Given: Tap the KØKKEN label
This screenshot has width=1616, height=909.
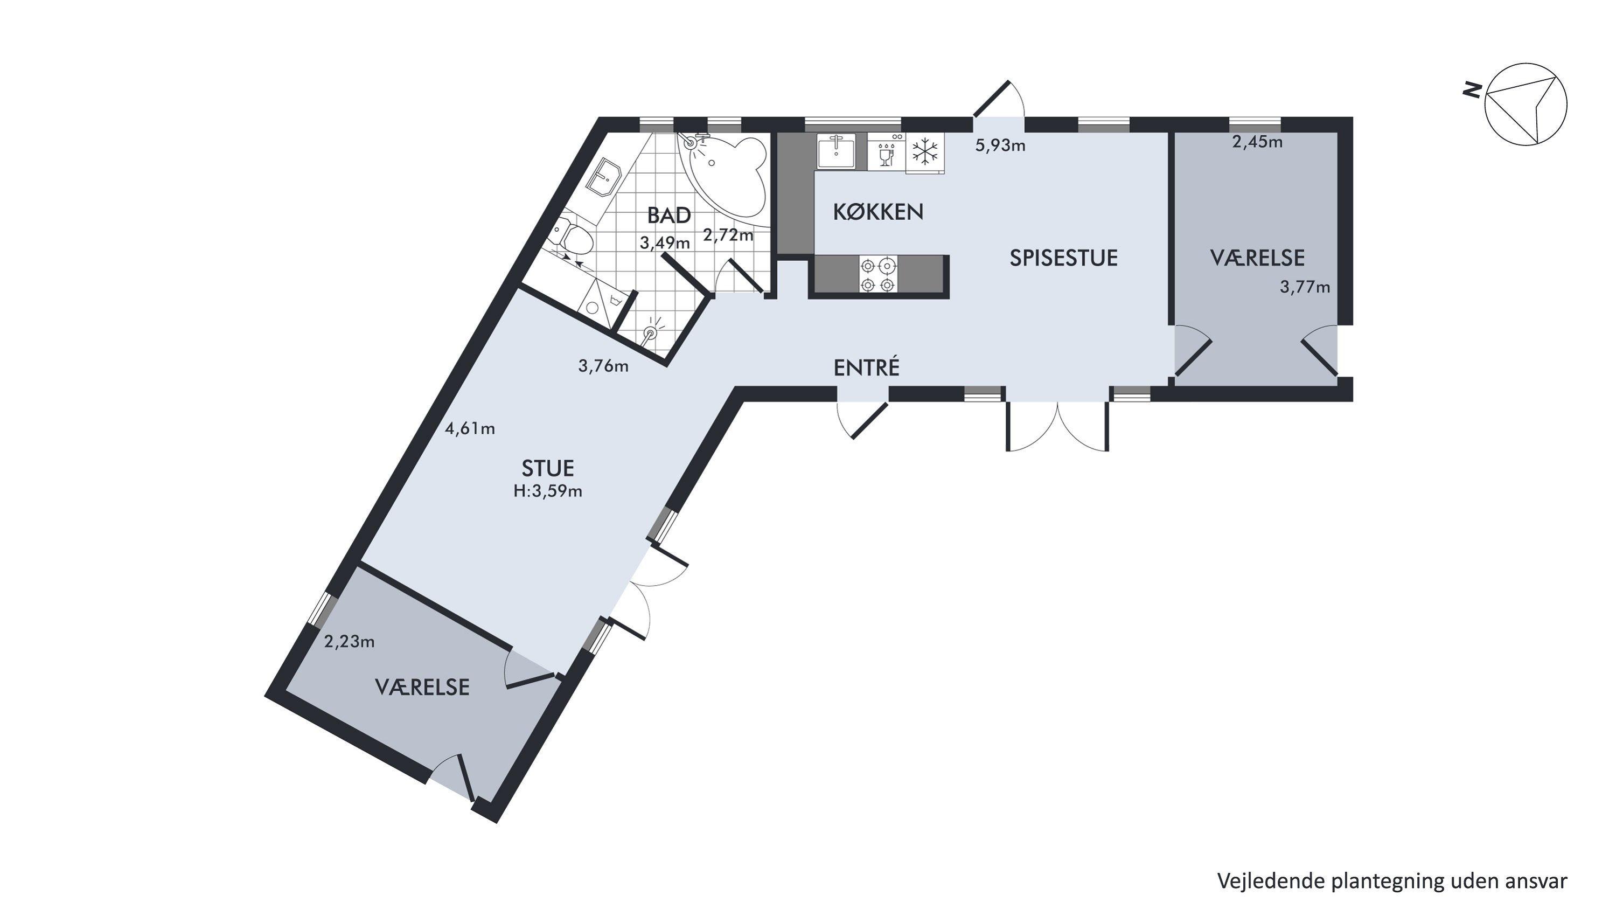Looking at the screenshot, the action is pos(877,212).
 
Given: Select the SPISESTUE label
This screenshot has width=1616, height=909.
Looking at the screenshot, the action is pos(1063,258).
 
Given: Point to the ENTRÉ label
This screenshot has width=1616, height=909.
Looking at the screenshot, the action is pos(866,366).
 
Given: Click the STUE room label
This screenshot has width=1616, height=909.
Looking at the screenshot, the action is pos(548,468).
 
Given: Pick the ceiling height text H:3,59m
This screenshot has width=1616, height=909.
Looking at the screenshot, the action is pos(548,491).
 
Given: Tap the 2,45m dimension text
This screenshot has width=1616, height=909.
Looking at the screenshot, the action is pos(1257,142).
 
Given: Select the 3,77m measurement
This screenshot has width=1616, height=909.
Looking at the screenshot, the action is pos(1305,287).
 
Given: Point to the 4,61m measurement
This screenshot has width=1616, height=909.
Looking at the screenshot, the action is pos(470,428).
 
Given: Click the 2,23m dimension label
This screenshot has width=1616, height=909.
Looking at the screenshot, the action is pos(350,642).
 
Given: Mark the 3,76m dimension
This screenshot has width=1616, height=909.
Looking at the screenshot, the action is pos(603,366).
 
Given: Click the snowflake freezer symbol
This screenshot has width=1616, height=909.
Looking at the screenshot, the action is pos(925,152).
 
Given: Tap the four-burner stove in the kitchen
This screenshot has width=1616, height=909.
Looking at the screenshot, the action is pos(877,275).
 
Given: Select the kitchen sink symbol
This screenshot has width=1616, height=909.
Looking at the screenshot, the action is pos(836,151).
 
